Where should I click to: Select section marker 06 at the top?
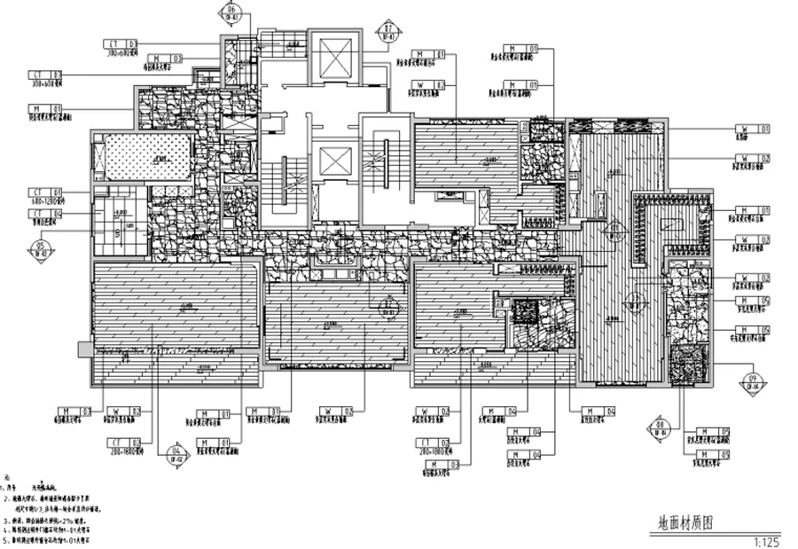230,13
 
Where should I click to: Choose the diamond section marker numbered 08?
661,427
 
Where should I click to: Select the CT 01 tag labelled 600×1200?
45,192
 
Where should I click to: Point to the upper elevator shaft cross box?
335,59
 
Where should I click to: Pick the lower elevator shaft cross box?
334,162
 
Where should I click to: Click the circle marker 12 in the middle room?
387,310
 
